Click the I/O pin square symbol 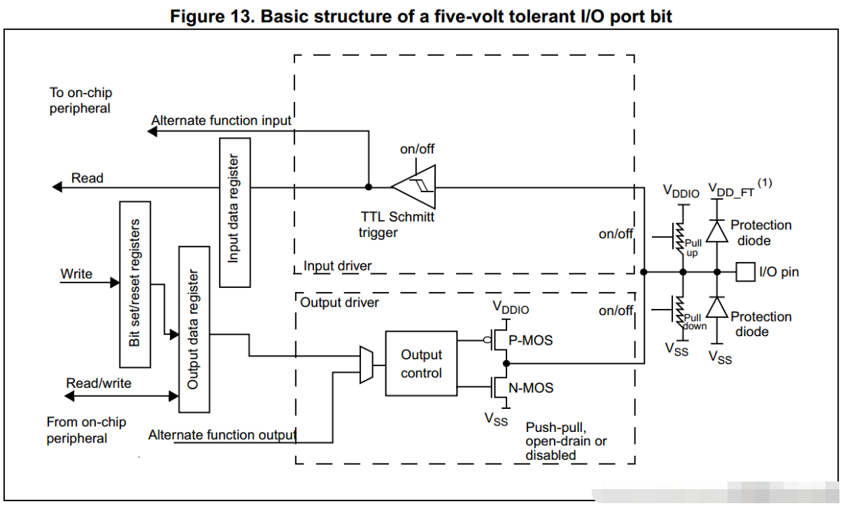click(746, 272)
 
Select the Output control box click(421, 363)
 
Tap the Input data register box click(235, 212)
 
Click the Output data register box click(194, 329)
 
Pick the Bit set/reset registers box click(135, 284)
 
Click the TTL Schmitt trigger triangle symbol click(414, 187)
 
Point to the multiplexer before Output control click(367, 365)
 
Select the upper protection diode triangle click(717, 231)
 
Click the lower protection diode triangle click(717, 307)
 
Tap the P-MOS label click(531, 340)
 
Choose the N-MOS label click(531, 388)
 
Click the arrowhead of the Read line click(57, 187)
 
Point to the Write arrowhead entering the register click(115, 282)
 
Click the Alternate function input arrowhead click(152, 131)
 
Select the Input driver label click(337, 266)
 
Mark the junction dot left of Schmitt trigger click(369, 187)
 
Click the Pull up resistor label click(693, 247)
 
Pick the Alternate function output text click(222, 435)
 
